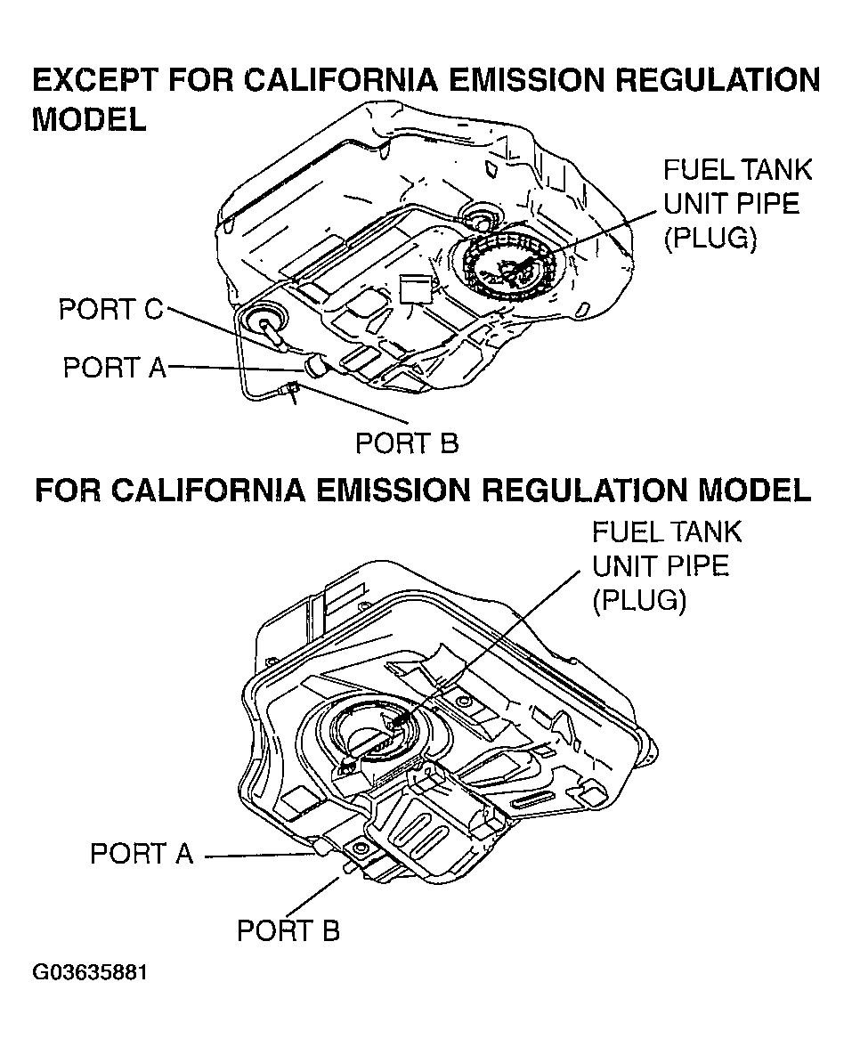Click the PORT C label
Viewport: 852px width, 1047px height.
[111, 310]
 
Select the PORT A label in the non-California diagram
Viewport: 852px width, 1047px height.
[115, 367]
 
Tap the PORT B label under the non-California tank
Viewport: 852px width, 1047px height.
[407, 443]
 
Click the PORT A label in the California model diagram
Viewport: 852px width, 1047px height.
[142, 854]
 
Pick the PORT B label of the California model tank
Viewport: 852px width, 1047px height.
[288, 931]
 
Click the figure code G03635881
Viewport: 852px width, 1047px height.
[90, 971]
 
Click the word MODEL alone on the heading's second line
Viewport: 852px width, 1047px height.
[89, 120]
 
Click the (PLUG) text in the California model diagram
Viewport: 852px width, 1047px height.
[639, 601]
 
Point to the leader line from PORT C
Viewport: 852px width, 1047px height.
[223, 329]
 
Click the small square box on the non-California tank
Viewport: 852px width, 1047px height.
[414, 289]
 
